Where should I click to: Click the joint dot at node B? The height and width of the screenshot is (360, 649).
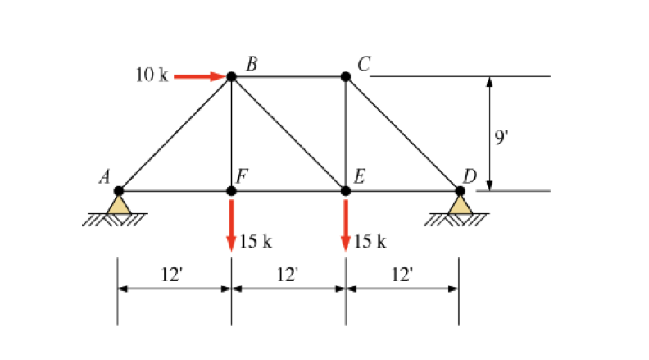tap(231, 76)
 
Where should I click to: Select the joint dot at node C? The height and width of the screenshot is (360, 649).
tap(346, 76)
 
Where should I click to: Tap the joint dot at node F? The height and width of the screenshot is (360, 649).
tap(231, 191)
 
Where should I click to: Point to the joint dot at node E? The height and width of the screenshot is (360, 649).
tap(346, 191)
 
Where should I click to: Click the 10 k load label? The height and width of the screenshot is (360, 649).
tap(152, 75)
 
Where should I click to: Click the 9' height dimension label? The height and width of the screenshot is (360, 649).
tap(502, 137)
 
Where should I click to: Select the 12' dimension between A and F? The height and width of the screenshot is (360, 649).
tap(171, 274)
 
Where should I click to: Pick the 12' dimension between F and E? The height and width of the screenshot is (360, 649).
tap(287, 274)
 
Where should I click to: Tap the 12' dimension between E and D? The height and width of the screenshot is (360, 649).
tap(402, 274)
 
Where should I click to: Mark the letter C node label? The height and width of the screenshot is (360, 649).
tap(363, 62)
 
